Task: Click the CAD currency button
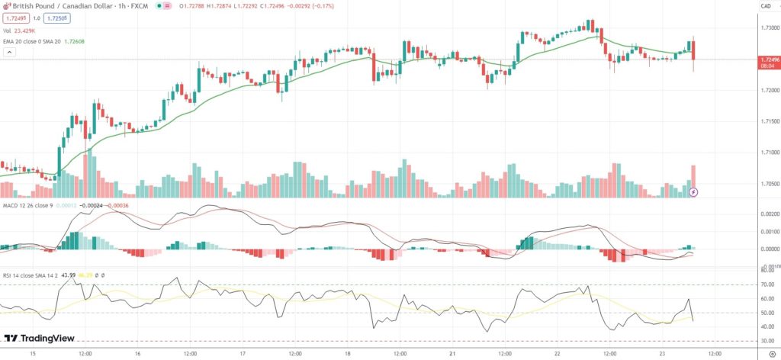pos(766,6)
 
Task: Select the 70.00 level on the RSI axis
pos(767,284)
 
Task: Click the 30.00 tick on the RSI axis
pos(767,341)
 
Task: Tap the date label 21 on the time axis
pos(452,354)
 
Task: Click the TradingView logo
pos(35,339)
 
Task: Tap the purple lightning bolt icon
pos(693,192)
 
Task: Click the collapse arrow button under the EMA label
pos(10,53)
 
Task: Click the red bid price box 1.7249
pos(14,18)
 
